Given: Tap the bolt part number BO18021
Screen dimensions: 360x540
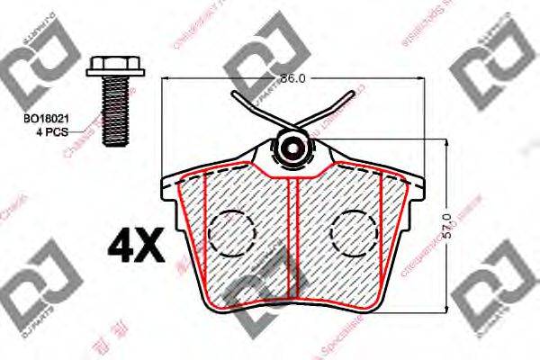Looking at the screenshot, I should (x=43, y=119).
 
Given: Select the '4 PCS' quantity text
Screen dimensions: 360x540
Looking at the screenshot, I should (x=41, y=131).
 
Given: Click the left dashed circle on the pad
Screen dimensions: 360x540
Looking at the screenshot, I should (x=230, y=232).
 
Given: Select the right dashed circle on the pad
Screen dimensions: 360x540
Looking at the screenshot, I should (x=355, y=232).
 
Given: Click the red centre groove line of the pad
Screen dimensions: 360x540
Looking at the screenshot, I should (x=297, y=243).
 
